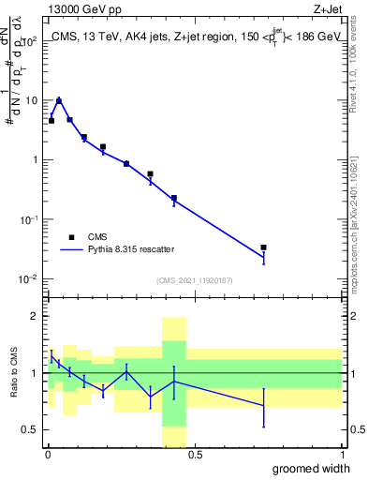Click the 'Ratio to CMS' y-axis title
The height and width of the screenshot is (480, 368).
pos(12,373)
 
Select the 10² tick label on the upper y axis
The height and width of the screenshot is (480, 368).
pos(29,40)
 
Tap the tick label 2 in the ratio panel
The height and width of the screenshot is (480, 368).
pos(36,317)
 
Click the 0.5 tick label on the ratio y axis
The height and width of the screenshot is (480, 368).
pos(30,429)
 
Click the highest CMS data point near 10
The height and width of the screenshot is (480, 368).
pos(59,100)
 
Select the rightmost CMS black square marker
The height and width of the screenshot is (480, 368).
pos(264,247)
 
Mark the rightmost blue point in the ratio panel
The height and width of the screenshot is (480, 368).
pos(264,406)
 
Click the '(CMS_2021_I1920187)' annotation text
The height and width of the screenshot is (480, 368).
pos(194,280)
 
